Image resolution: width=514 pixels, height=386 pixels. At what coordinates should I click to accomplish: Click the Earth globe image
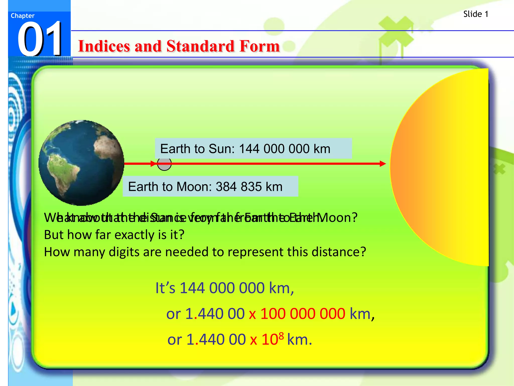coord(81,163)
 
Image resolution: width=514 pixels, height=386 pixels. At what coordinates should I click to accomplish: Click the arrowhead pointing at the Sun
coord(382,164)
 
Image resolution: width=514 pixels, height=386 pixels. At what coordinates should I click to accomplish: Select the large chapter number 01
coord(40,39)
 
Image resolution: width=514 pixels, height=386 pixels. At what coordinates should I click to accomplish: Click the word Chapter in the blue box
coord(23,16)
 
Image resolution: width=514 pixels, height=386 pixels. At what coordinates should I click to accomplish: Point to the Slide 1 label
coord(476,14)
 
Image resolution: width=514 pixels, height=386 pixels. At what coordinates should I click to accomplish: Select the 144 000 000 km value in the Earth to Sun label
coord(285,149)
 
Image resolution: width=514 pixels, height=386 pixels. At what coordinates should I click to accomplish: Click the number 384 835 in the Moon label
coord(239,186)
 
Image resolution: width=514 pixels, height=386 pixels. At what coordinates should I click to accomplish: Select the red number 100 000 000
coord(303,314)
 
